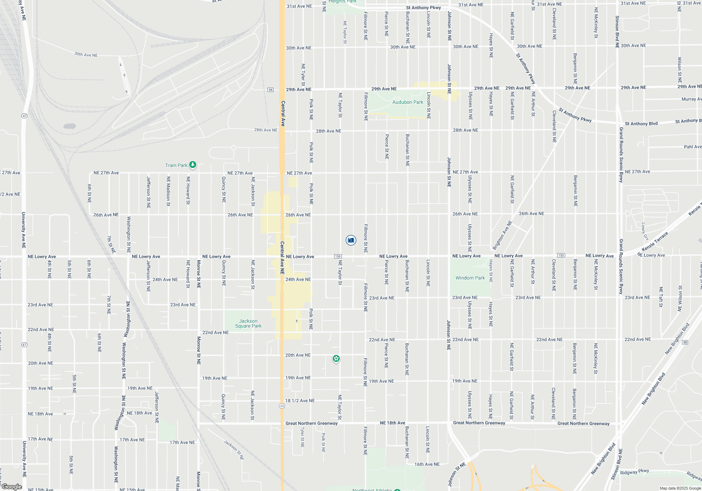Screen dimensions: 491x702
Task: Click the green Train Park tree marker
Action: tap(192, 164)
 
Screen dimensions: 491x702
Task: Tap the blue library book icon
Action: tap(351, 240)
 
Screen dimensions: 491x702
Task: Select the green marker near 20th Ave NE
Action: tap(336, 358)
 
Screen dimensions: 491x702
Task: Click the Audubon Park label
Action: tap(408, 102)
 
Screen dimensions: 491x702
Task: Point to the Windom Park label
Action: tap(470, 278)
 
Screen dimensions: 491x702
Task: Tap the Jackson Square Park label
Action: tap(248, 323)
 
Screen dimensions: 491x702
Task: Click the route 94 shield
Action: tap(270, 90)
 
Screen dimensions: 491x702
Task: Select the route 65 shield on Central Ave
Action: tap(282, 406)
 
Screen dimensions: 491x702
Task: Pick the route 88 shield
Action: tap(685, 342)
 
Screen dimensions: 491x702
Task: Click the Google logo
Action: tap(12, 486)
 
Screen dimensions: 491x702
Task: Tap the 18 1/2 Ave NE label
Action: tap(300, 401)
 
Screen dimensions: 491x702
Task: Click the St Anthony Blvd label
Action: tap(641, 123)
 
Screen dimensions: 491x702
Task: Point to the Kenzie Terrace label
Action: tap(655, 241)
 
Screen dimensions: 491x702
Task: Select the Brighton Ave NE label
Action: tap(502, 235)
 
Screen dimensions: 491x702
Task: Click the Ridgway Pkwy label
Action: tap(634, 472)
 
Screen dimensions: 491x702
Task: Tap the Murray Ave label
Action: tap(691, 99)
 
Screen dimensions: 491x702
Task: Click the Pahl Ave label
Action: tap(693, 147)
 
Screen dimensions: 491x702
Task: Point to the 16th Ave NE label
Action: tap(427, 464)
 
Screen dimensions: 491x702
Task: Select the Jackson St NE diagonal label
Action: tap(234, 450)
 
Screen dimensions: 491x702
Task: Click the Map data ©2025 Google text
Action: tap(680, 488)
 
